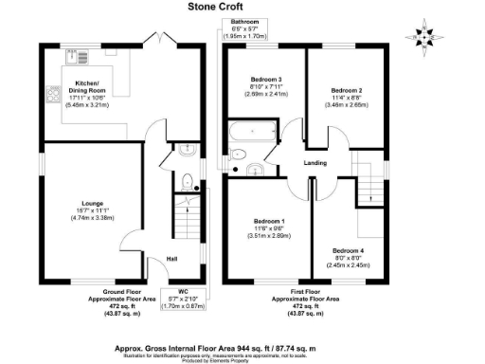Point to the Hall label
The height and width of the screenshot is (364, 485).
(171, 258)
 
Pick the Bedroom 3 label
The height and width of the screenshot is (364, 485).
(266, 80)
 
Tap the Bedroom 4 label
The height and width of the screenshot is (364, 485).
(348, 251)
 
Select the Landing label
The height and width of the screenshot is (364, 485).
(315, 163)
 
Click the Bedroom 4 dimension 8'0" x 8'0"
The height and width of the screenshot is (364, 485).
(348, 259)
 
